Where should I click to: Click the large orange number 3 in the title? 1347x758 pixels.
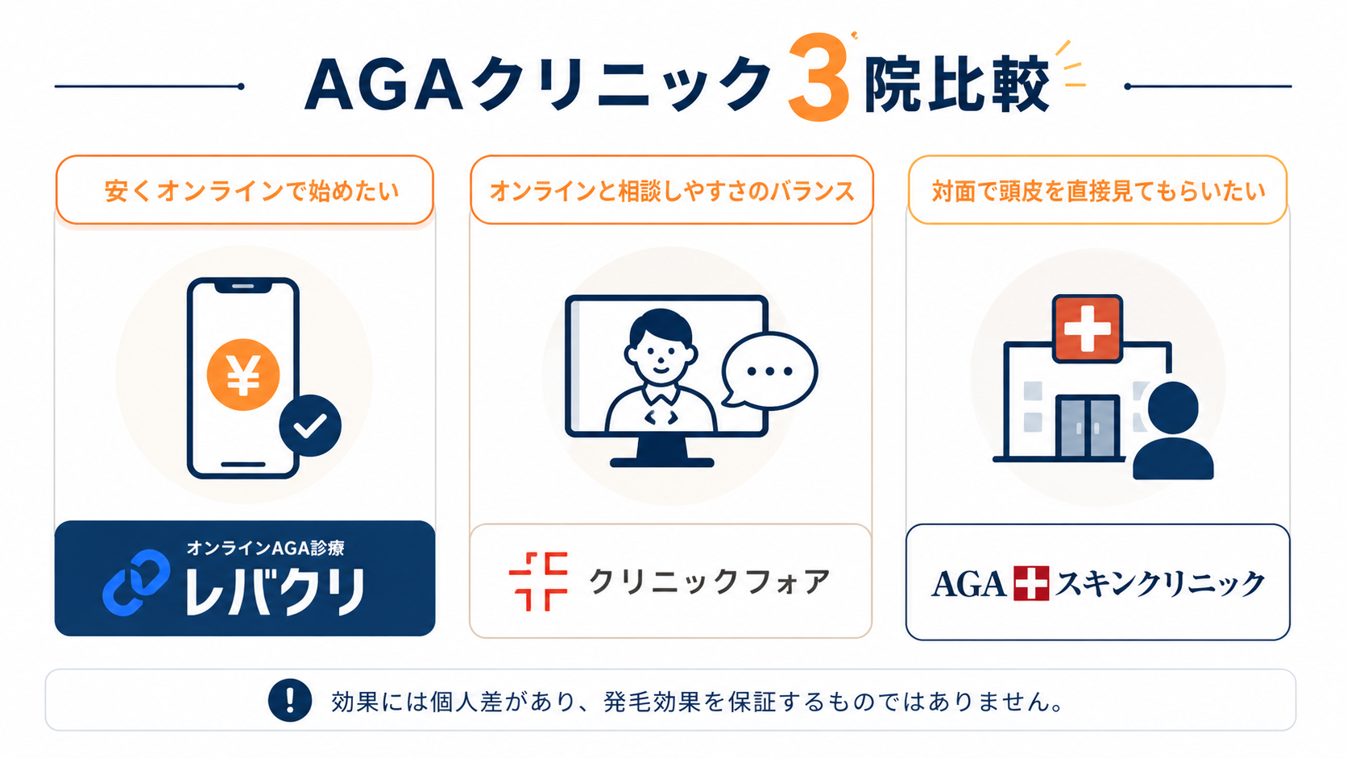[x=819, y=78]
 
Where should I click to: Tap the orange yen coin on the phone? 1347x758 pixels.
[x=243, y=375]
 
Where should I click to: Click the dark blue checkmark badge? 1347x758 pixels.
[x=310, y=425]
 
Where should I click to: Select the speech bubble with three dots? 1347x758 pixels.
[x=769, y=371]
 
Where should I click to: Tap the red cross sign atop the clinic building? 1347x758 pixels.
[x=1087, y=328]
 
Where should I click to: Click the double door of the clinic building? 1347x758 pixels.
[x=1087, y=427]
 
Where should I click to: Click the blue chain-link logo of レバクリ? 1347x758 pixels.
[x=136, y=582]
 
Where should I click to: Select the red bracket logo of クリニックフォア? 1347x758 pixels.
[x=538, y=582]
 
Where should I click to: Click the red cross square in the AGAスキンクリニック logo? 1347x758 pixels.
[x=1031, y=583]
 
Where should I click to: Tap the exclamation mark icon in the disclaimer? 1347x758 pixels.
[x=290, y=700]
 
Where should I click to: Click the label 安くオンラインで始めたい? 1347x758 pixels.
[x=251, y=191]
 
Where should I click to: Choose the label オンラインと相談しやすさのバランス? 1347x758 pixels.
[x=672, y=191]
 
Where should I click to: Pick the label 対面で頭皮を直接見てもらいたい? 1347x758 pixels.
[x=1098, y=191]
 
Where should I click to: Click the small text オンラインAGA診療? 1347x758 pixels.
[x=265, y=549]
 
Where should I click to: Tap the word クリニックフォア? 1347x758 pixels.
[x=709, y=582]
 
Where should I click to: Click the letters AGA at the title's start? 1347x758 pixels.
[x=383, y=85]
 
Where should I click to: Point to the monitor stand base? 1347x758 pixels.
[x=661, y=462]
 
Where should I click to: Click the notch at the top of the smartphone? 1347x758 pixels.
[x=243, y=286]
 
